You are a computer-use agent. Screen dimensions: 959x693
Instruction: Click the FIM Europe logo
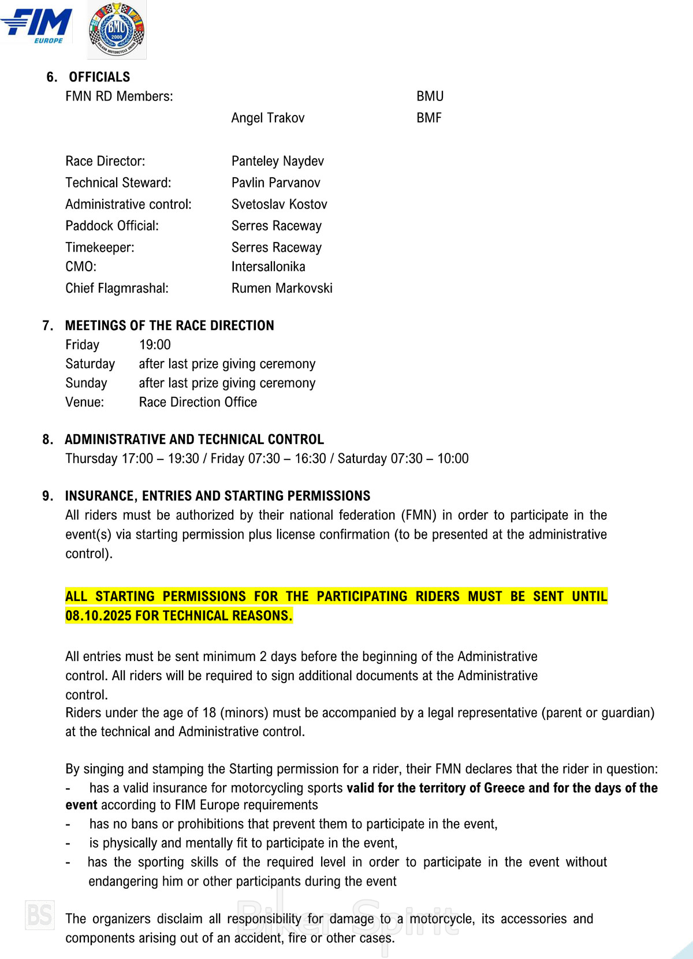(x=37, y=26)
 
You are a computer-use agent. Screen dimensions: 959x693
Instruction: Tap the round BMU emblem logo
(x=117, y=30)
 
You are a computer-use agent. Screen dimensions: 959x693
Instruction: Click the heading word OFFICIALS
(x=99, y=77)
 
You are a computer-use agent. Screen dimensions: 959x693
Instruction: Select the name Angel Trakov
(x=267, y=118)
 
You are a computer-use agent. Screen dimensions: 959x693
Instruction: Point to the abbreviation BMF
(x=429, y=118)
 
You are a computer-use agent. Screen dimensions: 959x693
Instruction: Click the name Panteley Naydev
(x=277, y=162)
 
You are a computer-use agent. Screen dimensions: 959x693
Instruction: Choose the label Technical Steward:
(x=118, y=183)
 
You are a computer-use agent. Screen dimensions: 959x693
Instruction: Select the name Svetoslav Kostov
(x=279, y=204)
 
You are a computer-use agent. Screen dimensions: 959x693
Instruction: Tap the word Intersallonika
(x=268, y=267)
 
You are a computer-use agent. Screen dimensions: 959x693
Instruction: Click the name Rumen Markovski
(x=282, y=288)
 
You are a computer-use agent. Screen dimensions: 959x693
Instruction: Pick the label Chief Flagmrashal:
(x=117, y=288)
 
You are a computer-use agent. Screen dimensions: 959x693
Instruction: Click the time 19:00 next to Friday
(x=155, y=345)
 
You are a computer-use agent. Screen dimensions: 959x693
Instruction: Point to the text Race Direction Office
(x=198, y=402)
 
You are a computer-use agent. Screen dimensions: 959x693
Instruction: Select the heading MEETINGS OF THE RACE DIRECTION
(x=169, y=326)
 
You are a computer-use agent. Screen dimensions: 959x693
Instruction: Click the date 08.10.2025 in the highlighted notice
(x=98, y=616)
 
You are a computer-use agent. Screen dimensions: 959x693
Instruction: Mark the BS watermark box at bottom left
(x=40, y=915)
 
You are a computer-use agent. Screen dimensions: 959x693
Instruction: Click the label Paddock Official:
(x=111, y=226)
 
